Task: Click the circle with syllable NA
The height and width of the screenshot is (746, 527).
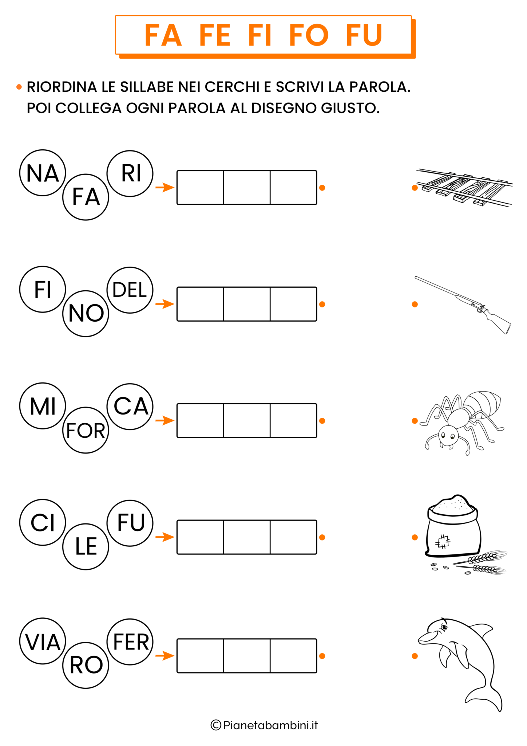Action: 43,173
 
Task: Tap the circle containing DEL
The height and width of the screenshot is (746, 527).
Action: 130,290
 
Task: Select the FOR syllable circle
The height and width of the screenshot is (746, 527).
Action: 86,430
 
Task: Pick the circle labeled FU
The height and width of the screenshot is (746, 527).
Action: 130,523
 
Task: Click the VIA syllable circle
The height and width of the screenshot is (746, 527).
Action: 43,641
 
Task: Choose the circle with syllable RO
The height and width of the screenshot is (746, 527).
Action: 86,665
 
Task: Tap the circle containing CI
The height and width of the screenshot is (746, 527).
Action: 43,523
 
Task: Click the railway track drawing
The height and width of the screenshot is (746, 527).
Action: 465,188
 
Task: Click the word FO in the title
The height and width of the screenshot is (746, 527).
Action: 309,35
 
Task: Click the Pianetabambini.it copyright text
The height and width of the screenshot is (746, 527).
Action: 264,725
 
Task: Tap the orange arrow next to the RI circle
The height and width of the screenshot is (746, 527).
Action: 165,188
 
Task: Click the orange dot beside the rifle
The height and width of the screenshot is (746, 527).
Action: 415,305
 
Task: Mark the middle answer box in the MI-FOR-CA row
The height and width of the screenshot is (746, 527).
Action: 247,421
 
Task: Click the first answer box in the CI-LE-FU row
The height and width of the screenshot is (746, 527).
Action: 200,537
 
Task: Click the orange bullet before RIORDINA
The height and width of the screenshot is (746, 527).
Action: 19,87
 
